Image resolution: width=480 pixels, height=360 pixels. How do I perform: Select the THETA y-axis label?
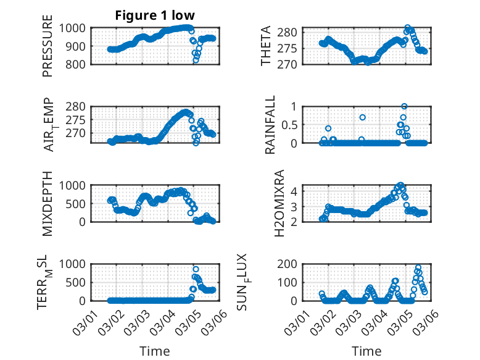(x=266, y=47)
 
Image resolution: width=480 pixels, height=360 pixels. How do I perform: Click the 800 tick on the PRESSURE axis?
(x=77, y=64)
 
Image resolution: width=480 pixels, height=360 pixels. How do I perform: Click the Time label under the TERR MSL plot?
(x=155, y=351)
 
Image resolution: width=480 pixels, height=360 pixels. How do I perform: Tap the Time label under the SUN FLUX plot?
(x=366, y=351)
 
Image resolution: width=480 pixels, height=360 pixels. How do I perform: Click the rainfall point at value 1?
(x=404, y=106)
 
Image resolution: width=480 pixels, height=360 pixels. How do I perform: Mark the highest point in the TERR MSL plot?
(x=196, y=269)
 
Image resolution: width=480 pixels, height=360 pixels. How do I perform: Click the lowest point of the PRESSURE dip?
(x=196, y=61)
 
